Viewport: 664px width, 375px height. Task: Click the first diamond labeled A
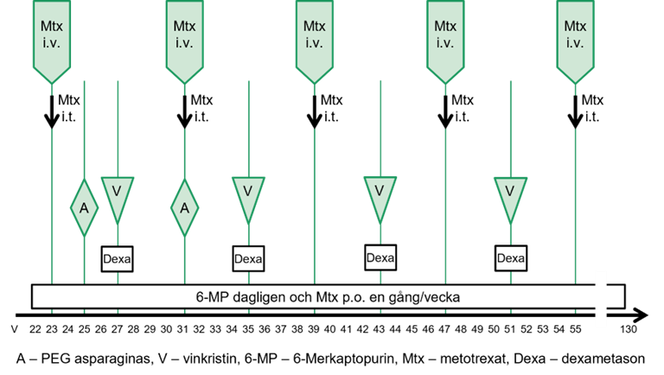(84, 208)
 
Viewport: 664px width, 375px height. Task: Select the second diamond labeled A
(184, 208)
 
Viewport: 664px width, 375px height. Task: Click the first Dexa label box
(118, 257)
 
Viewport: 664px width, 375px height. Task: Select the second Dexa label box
(248, 257)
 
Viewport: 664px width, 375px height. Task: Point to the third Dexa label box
(380, 257)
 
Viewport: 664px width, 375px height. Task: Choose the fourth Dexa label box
(510, 257)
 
